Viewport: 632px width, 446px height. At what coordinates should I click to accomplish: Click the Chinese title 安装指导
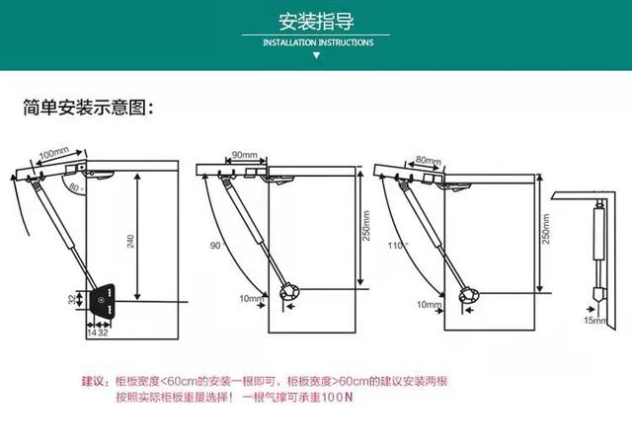[x=316, y=22]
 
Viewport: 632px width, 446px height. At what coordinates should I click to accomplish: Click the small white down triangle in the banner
[x=316, y=57]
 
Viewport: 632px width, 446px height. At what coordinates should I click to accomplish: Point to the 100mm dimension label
[x=52, y=156]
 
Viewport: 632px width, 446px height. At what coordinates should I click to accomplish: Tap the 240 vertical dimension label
[x=130, y=240]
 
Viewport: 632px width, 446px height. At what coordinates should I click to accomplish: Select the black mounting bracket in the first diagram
[x=102, y=301]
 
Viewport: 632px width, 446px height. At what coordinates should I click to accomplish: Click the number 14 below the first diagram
[x=91, y=334]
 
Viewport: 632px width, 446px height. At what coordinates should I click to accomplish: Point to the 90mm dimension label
[x=243, y=156]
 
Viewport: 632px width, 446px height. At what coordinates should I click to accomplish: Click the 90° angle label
[x=216, y=245]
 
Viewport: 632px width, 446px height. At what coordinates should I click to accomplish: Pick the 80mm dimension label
[x=427, y=159]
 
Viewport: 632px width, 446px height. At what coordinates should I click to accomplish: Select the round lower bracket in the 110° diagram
[x=469, y=292]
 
